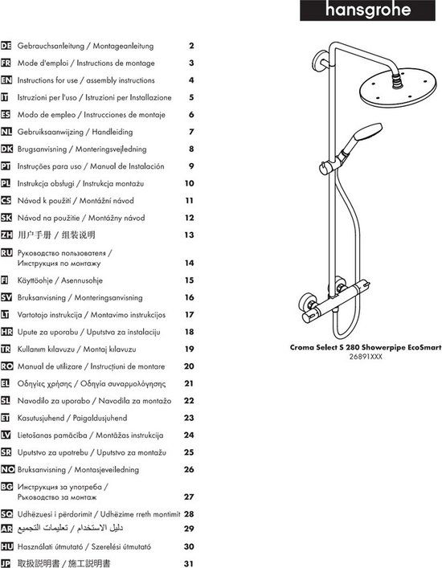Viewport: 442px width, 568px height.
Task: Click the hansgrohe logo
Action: pos(367,10)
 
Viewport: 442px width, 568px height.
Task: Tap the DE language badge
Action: pos(6,46)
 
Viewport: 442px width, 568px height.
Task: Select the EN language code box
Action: pos(6,80)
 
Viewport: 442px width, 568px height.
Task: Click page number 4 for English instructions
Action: pos(191,80)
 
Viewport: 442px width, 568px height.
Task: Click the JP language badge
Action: pos(6,563)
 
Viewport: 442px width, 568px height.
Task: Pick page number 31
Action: pos(189,564)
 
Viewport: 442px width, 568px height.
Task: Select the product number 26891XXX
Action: pos(366,357)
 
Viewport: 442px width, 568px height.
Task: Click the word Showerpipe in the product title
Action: pos(383,347)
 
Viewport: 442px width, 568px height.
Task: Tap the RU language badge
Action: pos(6,252)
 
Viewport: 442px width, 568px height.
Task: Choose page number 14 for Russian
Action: pos(189,263)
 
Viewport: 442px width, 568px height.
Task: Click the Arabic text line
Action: pos(70,529)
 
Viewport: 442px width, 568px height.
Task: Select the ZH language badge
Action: pos(6,235)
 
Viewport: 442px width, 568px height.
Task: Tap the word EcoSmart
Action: pos(424,347)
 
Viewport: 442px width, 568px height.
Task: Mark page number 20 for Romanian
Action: pos(189,366)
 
